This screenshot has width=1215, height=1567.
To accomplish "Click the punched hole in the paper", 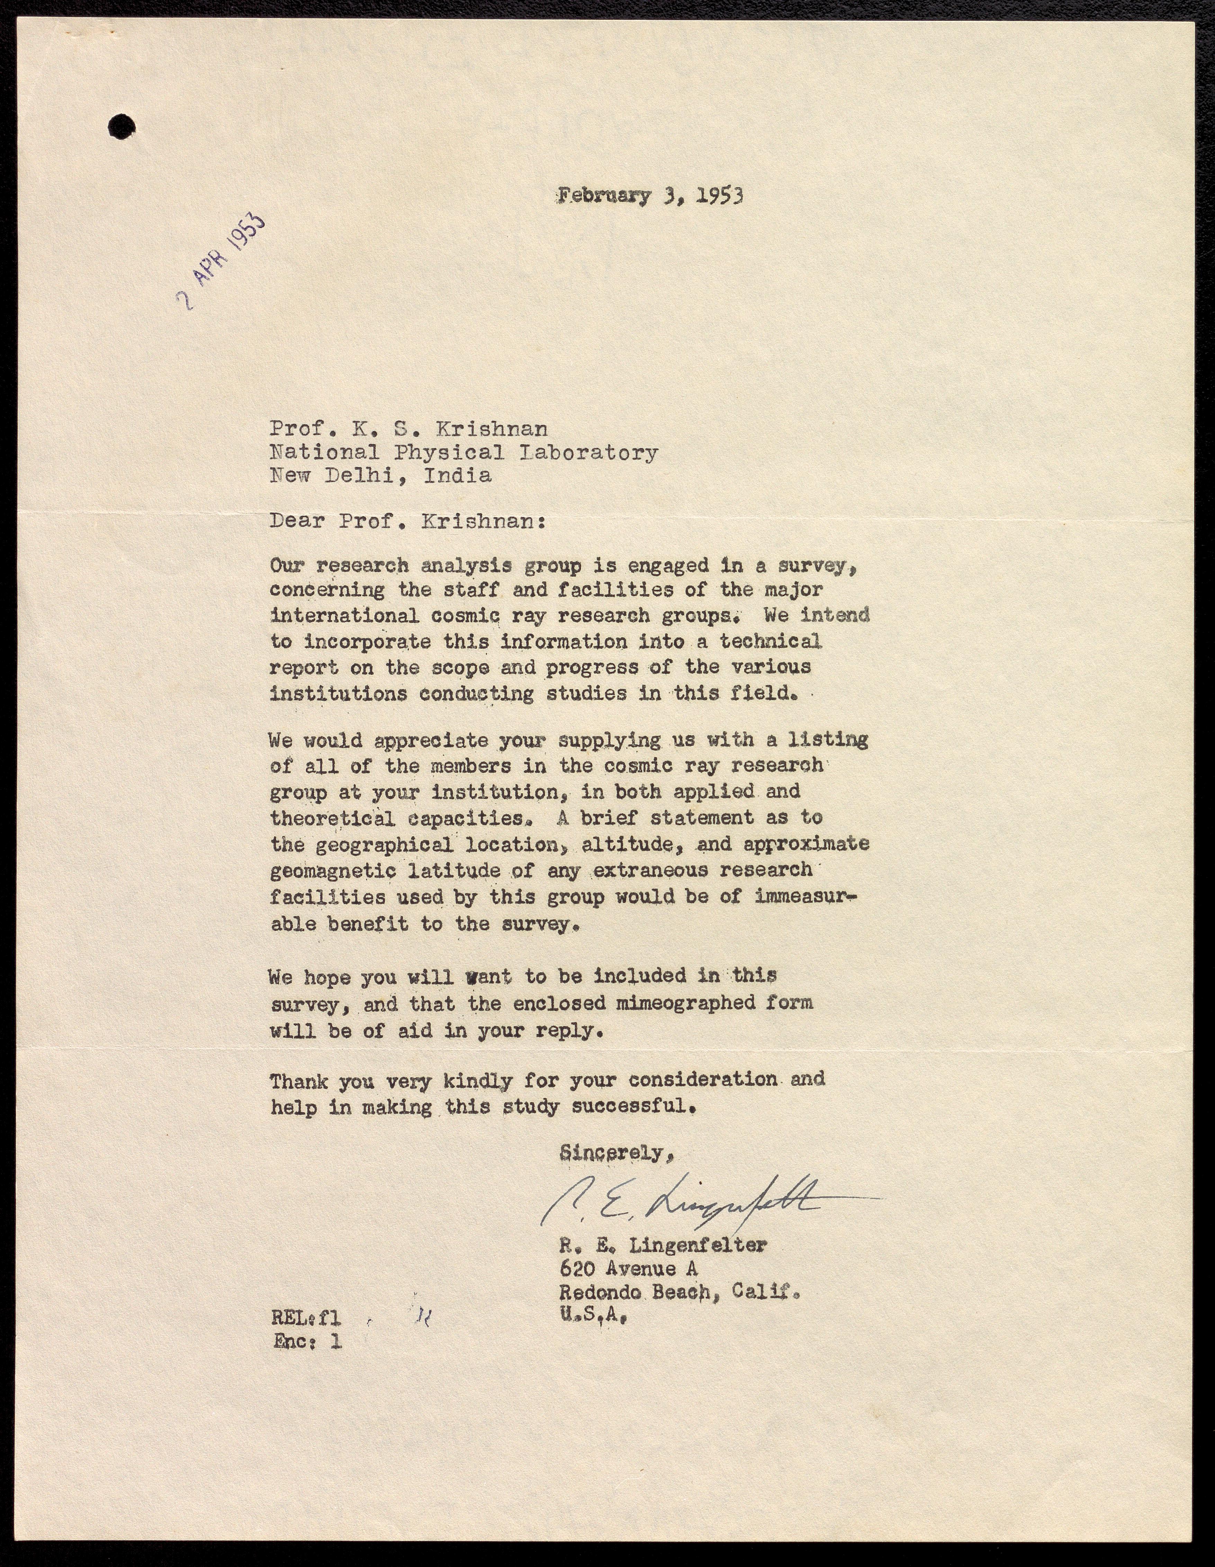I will [x=121, y=127].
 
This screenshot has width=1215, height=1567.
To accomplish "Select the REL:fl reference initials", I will [x=306, y=1317].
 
